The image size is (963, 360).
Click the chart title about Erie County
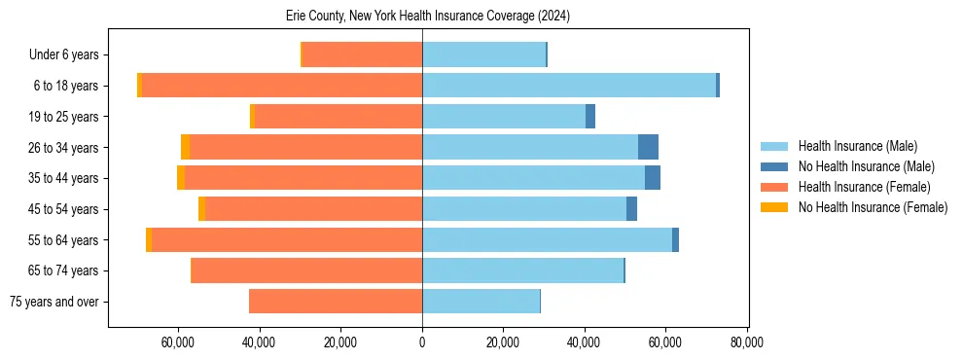coord(428,16)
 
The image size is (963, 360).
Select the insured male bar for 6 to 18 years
coord(569,86)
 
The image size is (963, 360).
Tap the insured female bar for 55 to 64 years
coord(287,240)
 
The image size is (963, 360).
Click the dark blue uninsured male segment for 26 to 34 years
coord(648,148)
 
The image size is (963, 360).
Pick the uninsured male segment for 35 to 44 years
coord(653,178)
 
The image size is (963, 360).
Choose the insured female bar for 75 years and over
coord(336,302)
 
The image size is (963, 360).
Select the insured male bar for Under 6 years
coord(483,54)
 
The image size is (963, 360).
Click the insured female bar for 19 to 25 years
coord(338,117)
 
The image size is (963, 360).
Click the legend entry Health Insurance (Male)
coord(857,146)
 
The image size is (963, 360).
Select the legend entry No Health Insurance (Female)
coord(873,207)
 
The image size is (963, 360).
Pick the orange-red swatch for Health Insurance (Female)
coord(774,187)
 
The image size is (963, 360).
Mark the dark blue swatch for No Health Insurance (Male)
coord(774,166)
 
